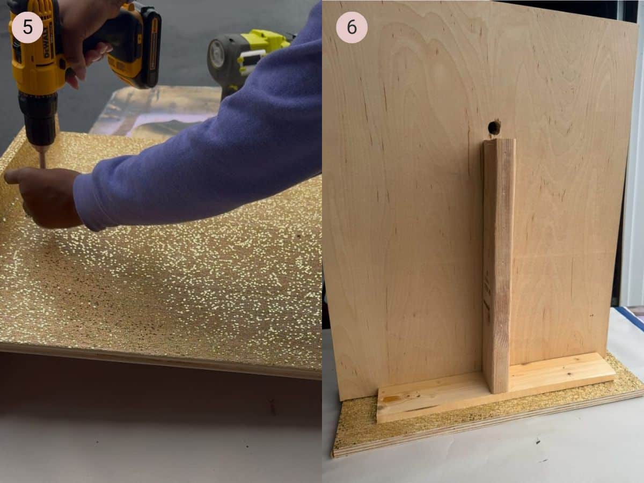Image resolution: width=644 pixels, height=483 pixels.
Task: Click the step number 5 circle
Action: click(x=27, y=27)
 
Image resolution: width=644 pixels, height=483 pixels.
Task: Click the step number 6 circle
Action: click(x=352, y=27)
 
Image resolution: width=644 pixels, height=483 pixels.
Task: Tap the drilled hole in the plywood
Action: click(x=494, y=127)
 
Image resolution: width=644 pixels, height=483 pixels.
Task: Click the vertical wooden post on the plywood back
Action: click(x=498, y=258)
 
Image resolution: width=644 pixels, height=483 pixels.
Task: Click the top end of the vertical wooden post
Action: click(x=499, y=143)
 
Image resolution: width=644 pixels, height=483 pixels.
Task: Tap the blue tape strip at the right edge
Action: click(x=631, y=317)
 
